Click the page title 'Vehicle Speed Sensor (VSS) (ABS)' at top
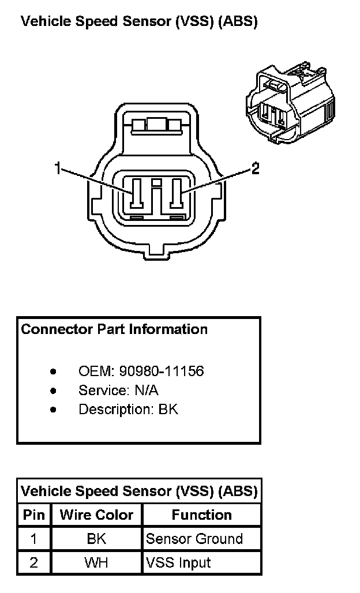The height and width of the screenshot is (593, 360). point(138,22)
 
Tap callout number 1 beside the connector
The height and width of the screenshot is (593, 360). point(57,168)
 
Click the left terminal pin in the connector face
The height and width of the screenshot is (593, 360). point(137,193)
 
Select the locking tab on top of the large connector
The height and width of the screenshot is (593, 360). point(156,125)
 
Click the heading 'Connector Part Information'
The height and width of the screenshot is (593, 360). point(114,329)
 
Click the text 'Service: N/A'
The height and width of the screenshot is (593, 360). point(118,390)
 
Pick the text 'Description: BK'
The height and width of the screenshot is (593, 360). point(128,409)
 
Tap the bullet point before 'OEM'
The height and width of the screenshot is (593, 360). point(54,371)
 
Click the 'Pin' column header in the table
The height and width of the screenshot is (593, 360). point(33,515)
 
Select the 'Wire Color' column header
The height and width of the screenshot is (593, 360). point(96,515)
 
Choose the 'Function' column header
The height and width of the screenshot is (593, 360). point(201,515)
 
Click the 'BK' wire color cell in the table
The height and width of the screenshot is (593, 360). point(96,539)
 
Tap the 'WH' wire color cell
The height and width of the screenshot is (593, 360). point(96,562)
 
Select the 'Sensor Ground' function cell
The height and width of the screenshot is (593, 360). point(194,539)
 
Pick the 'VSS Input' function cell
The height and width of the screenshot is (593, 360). point(178,562)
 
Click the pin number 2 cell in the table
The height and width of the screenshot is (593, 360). point(33,562)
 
